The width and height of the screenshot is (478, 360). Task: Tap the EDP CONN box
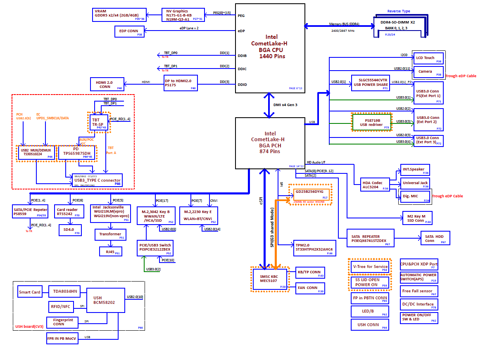pos(129,31)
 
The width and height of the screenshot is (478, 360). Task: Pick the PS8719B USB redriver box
pos(371,122)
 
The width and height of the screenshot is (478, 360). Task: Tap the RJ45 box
pos(111,251)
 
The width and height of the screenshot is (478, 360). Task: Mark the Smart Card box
pos(30,292)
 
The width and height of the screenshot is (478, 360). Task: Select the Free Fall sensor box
pos(419,291)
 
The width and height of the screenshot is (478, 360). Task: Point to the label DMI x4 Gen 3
pos(285,105)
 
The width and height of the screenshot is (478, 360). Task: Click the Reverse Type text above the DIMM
pos(399,11)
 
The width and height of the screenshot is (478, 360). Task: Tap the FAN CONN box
pos(310,288)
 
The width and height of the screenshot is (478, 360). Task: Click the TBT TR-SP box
pos(98,122)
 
